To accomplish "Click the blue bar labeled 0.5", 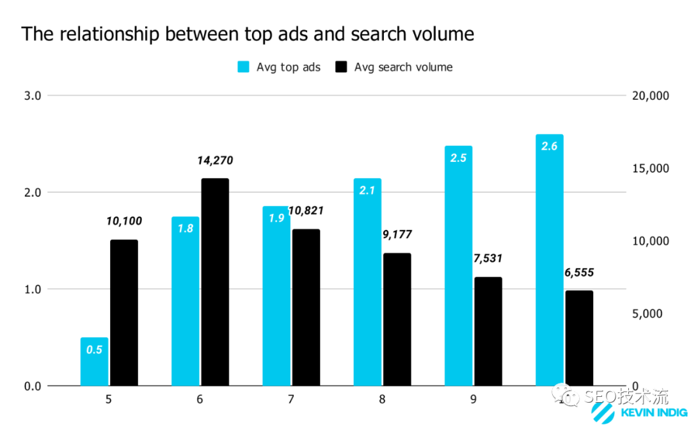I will tap(94, 362).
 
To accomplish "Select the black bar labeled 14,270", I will tap(215, 282).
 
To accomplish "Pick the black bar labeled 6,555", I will tap(579, 338).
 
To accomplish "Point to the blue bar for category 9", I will tap(458, 266).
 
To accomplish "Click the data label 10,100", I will tap(124, 222).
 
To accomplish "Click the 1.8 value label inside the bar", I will tap(186, 228).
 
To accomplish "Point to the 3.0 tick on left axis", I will tap(32, 96).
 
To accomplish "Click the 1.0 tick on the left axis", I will tap(32, 289).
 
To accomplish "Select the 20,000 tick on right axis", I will tap(649, 96).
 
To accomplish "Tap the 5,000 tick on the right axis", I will tap(653, 314).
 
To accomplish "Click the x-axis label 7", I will tap(291, 399).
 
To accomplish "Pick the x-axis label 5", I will tap(109, 399).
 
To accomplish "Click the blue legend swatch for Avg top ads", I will tap(243, 67).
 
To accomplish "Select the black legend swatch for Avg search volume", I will tap(341, 67).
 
